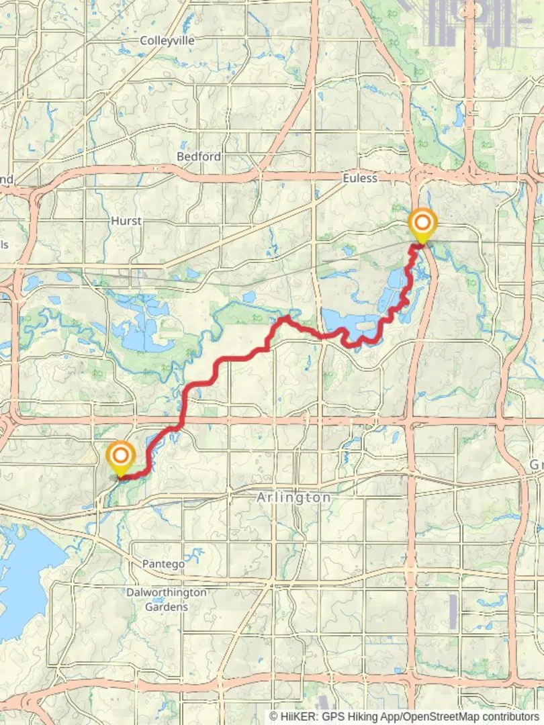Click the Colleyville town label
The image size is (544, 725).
point(167,41)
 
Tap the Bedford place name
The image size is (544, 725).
point(199,156)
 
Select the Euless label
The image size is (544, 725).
point(360,179)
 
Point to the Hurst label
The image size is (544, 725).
point(127,220)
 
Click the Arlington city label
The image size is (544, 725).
point(294,498)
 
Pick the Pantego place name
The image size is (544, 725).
point(163,564)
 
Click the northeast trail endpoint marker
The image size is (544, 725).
point(423,224)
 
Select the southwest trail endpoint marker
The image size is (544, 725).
point(121,456)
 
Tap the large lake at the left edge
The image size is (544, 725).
point(24,571)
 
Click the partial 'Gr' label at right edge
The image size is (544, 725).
point(537,465)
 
